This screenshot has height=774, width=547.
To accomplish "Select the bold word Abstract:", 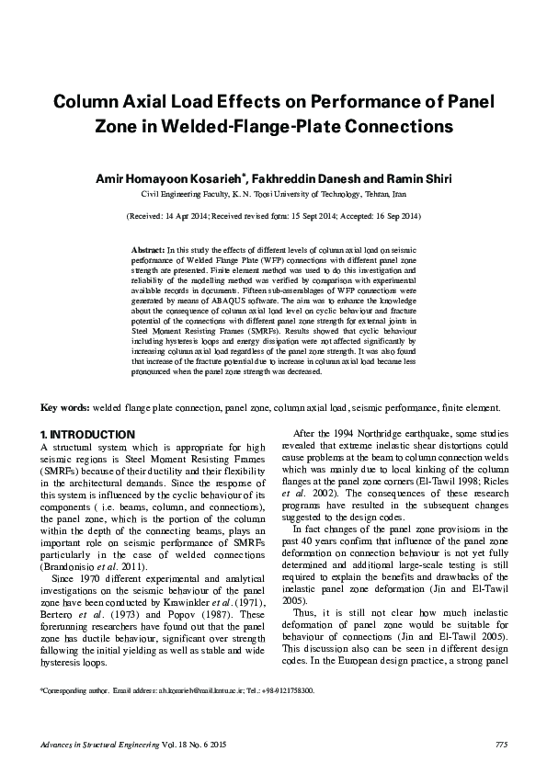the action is point(148,249).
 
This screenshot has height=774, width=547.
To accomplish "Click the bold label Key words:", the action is point(64,406).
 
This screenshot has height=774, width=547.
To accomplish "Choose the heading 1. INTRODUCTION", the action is point(88,434).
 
